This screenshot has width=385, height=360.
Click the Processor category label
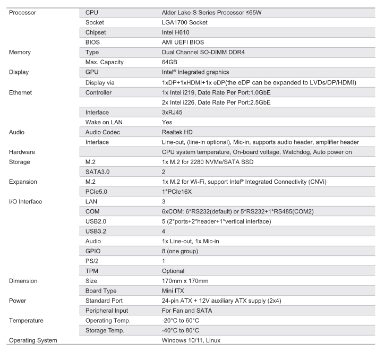point(23,12)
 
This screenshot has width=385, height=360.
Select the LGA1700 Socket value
point(184,22)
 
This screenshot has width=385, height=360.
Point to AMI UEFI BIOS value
point(184,42)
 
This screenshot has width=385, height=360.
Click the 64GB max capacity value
point(170,63)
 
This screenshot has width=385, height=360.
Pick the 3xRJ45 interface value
point(173,113)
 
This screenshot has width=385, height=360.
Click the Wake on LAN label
point(104,123)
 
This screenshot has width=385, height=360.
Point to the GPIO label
point(94,251)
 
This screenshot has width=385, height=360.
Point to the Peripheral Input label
point(107,311)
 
